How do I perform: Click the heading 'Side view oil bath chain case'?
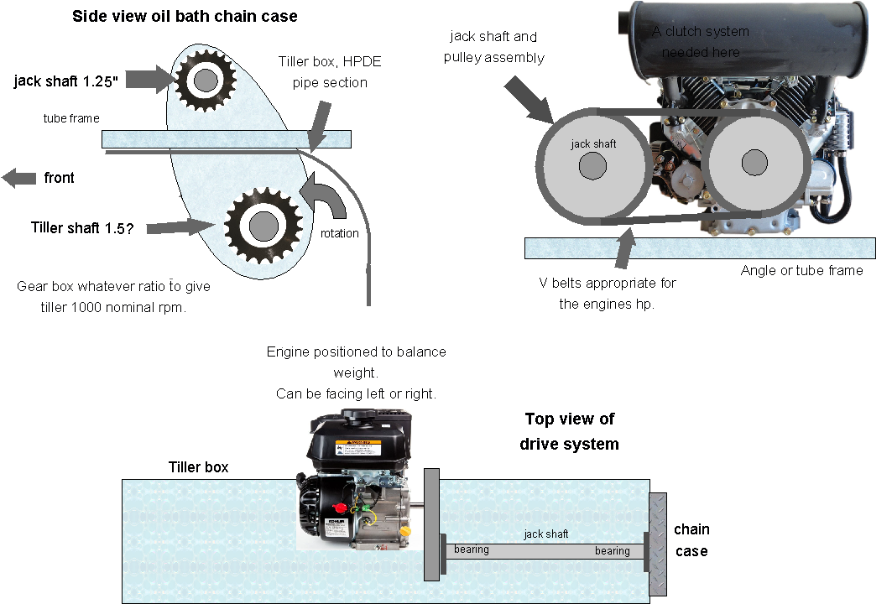pos(185,16)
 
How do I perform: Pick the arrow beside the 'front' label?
pos(18,178)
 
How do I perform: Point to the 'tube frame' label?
pos(71,118)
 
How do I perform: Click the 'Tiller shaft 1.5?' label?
pos(81,227)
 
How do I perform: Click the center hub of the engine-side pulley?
pos(754,161)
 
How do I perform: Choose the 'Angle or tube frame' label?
pos(801,270)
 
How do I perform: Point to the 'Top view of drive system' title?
pos(569,431)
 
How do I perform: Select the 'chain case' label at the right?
pos(691,540)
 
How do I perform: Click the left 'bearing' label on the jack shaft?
pos(471,549)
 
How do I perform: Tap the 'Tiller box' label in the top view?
pos(198,467)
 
